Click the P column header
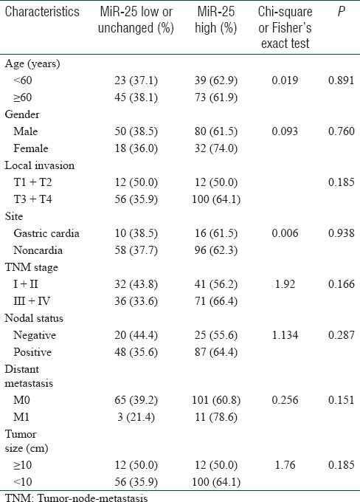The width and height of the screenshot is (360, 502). [342, 12]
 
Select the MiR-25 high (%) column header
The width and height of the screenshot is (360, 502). [216, 19]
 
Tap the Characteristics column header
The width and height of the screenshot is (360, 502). [42, 12]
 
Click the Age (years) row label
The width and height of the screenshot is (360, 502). [32, 63]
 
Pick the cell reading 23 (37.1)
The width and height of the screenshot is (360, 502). [136, 80]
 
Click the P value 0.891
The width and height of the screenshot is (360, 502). [341, 80]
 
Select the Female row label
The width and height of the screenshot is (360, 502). [31, 148]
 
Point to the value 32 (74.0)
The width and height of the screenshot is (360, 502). [216, 148]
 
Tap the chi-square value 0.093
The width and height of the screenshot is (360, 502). [285, 131]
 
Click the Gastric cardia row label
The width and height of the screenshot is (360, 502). [46, 233]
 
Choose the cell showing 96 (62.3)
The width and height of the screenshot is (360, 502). [216, 250]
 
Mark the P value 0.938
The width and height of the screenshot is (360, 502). [341, 233]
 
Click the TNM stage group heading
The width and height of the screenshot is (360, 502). [32, 267]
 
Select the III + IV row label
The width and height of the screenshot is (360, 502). [32, 301]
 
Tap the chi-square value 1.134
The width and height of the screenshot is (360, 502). [285, 335]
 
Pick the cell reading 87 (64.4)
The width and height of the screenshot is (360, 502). [216, 352]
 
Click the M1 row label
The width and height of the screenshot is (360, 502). [21, 417]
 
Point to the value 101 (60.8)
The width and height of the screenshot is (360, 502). [216, 400]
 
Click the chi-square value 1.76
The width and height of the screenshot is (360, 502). [285, 465]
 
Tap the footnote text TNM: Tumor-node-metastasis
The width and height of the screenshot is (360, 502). [77, 498]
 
